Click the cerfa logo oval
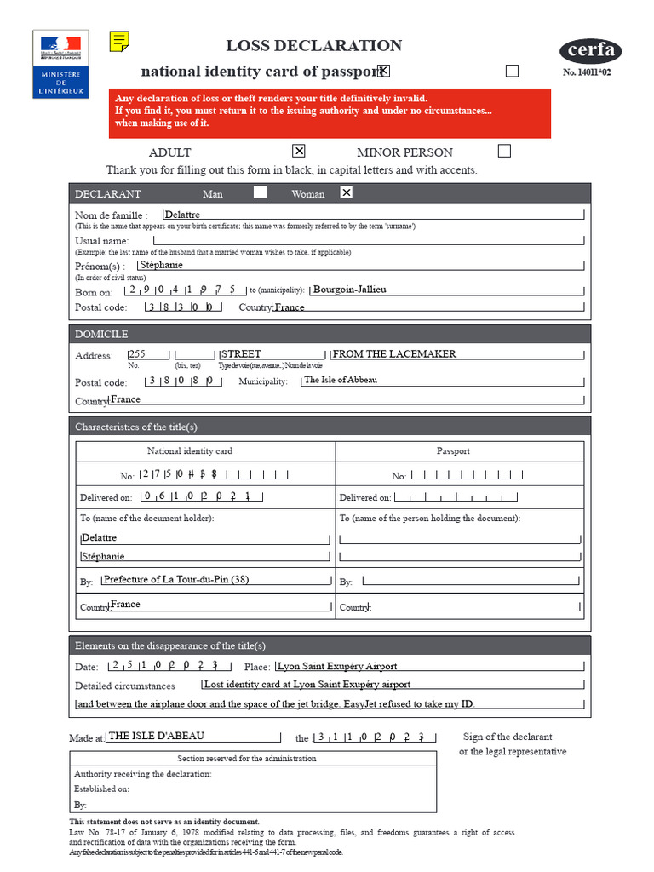(x=590, y=50)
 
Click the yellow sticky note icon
(x=120, y=41)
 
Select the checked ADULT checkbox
(x=298, y=152)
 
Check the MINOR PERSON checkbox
(x=504, y=152)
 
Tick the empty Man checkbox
(x=260, y=192)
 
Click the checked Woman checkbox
(x=346, y=192)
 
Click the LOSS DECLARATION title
(x=313, y=46)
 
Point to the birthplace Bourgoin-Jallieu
(x=350, y=290)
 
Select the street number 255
(x=137, y=354)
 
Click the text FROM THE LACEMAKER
(x=394, y=354)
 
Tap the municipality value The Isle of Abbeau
(x=341, y=380)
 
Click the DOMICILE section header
(x=101, y=334)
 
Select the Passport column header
(x=453, y=451)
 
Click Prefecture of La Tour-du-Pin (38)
(x=176, y=580)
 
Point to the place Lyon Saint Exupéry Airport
(x=337, y=666)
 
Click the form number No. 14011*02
(x=592, y=73)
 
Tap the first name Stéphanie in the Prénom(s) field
(x=162, y=265)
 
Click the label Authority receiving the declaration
(x=143, y=774)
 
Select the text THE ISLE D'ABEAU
(x=157, y=736)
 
